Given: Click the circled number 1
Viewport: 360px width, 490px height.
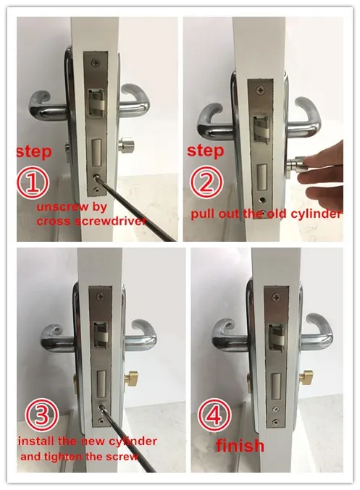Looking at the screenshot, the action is point(33,182).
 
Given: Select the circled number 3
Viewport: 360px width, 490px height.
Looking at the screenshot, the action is point(41,416).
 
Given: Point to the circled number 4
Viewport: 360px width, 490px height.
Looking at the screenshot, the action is point(215,415).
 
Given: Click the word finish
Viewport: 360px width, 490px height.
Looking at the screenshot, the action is point(240,445).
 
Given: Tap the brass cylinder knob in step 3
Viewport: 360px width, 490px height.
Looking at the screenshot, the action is point(133,379).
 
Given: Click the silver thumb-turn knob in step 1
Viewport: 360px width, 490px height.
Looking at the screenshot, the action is point(127,145).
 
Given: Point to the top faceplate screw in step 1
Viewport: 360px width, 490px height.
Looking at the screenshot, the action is point(94,64).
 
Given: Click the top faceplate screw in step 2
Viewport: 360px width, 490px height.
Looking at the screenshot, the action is point(260,90).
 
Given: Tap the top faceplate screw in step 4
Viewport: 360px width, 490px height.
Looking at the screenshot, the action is point(276,297).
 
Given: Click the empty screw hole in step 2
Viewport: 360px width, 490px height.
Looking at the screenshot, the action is point(261,199).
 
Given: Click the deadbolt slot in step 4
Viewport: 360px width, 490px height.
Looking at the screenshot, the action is point(275,386).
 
